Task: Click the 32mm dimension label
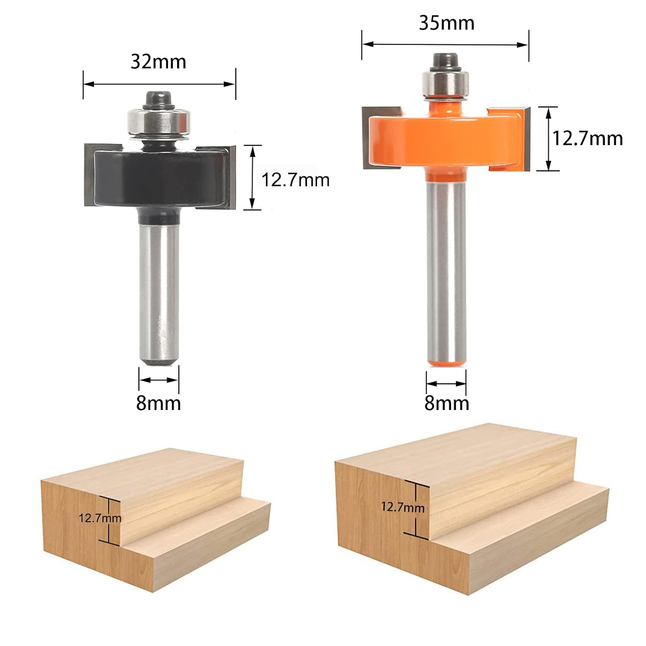158,62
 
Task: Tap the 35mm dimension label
447,23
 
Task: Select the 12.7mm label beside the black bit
295,180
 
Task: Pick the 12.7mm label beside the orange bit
588,139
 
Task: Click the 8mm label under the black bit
158,403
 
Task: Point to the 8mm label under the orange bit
447,403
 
